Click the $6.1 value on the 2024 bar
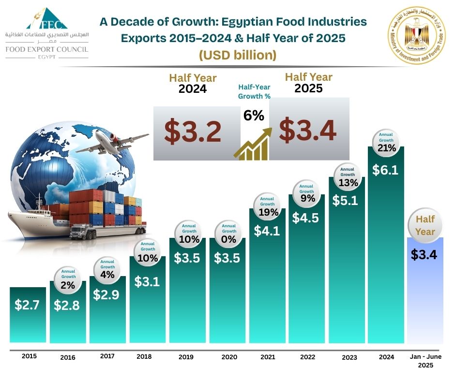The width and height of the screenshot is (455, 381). (385, 170)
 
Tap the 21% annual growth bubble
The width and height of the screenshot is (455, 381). (387, 143)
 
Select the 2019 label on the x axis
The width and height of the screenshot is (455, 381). (185, 357)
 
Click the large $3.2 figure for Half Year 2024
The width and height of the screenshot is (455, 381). (193, 132)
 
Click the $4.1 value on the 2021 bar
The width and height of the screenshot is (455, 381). (267, 231)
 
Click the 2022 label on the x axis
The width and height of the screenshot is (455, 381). (307, 357)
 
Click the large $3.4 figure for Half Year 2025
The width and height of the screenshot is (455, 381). (308, 130)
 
